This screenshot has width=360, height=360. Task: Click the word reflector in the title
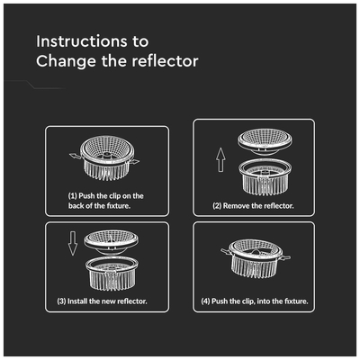point(165,61)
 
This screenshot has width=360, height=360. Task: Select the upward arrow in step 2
point(220,159)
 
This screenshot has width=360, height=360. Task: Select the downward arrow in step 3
point(73,243)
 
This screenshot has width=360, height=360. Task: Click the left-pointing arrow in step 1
point(75,156)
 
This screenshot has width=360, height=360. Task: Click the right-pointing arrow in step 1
point(134,162)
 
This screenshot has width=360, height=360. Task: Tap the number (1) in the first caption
point(73,196)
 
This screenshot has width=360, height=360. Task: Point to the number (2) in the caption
point(217,206)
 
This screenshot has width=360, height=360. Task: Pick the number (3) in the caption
point(61,301)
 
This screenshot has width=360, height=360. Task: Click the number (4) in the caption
point(205,301)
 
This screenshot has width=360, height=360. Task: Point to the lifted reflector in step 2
point(265,141)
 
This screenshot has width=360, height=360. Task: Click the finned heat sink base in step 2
point(265,177)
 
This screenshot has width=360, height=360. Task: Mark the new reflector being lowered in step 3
point(112,242)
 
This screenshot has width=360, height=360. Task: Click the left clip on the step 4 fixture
point(226,251)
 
